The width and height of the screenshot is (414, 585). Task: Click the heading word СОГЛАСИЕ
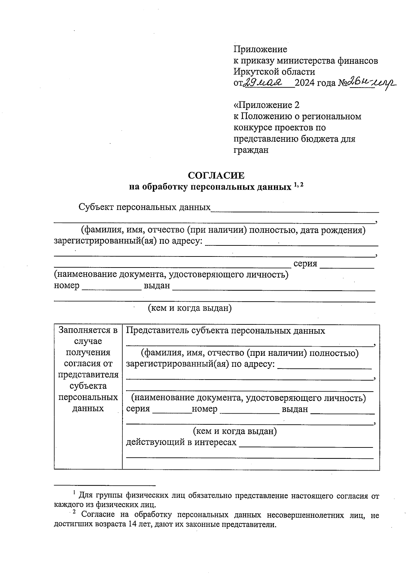click(216, 175)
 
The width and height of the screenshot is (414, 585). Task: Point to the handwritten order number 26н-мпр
click(373, 83)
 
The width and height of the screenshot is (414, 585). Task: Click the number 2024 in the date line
click(305, 83)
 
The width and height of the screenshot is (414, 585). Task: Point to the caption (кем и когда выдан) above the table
click(189, 308)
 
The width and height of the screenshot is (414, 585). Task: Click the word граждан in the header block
click(251, 150)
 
